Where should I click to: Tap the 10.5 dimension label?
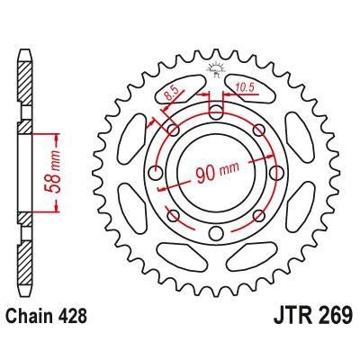coord(244,88)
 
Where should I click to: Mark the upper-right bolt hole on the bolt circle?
coord(257,129)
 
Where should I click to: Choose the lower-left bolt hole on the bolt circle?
coord(174,214)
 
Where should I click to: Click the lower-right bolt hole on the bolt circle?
coord(259,213)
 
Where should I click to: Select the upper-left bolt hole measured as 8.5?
coord(173,130)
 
